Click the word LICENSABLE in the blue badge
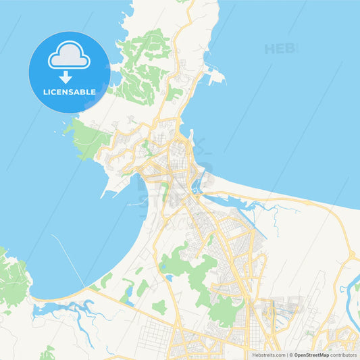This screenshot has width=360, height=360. point(70,91)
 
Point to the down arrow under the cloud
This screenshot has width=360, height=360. point(69,76)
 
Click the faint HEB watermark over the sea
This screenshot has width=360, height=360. point(280,49)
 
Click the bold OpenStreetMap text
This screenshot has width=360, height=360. point(311,355)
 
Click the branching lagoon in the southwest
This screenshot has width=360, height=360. point(68,311)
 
